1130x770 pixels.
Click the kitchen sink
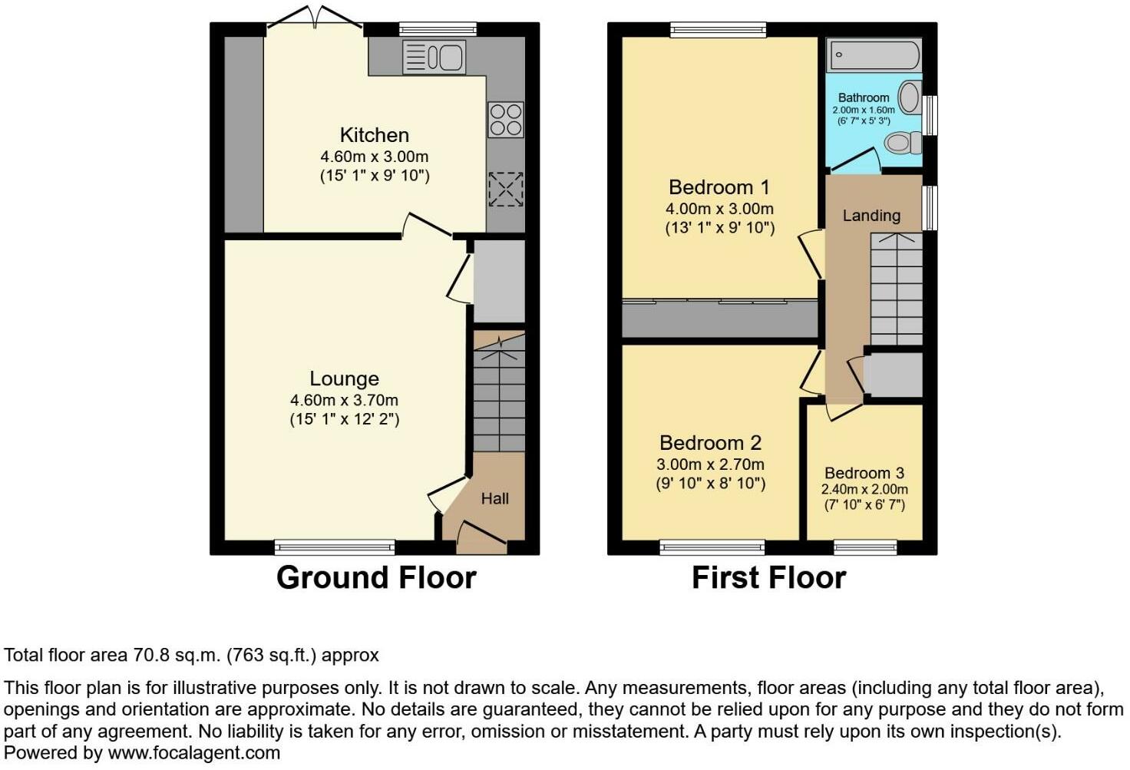pos(434,57)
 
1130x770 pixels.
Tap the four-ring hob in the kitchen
pos(505,120)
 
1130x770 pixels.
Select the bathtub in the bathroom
pos(874,55)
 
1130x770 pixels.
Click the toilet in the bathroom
pos(903,143)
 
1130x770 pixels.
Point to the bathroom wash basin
pos(910,97)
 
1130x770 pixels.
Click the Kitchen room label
pos(375,135)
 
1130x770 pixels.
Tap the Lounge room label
pos(344,379)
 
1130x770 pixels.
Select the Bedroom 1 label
pos(719,188)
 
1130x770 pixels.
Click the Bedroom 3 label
pos(864,473)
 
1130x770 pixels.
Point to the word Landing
pos(871,216)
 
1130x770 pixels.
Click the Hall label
pos(494,498)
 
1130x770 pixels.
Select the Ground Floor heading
pos(376,577)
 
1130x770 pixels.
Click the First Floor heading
pos(768,577)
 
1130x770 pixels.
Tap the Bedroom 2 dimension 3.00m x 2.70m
pos(710,464)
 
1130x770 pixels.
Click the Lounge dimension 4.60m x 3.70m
pos(344,400)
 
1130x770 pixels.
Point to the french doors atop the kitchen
pos(315,18)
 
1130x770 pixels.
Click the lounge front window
pos(335,547)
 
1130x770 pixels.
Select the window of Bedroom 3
pos(865,547)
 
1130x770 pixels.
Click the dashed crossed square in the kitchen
pos(505,189)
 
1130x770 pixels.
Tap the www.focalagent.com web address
pos(194,753)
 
